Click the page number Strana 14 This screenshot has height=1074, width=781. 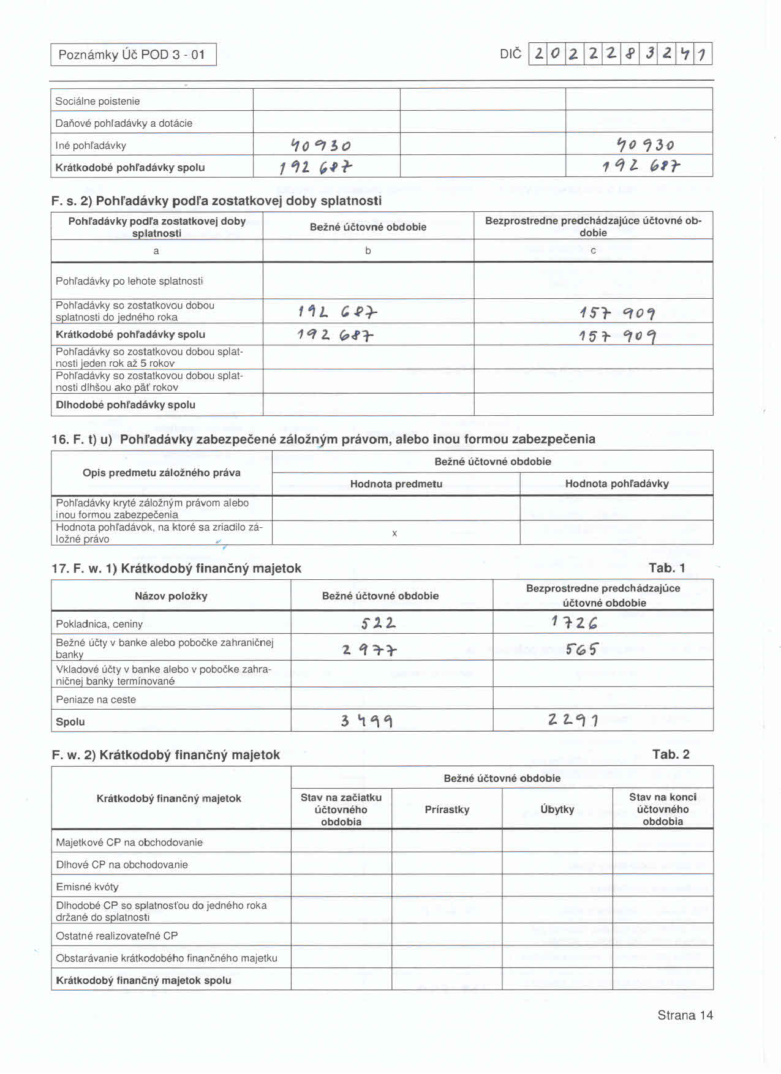(x=685, y=1015)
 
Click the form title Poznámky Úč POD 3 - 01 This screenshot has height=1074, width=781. (x=132, y=54)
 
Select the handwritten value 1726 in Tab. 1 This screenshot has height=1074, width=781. (x=574, y=623)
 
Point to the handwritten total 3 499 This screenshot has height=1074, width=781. (x=367, y=721)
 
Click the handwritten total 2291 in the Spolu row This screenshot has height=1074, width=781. (x=573, y=719)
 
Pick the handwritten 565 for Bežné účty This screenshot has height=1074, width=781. (x=581, y=648)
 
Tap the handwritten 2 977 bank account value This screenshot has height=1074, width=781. (x=369, y=650)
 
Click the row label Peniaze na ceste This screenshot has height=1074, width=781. (x=96, y=699)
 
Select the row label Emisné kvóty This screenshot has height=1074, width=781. (x=87, y=887)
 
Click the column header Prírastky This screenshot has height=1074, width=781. (x=447, y=809)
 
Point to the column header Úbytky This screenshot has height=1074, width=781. (x=557, y=809)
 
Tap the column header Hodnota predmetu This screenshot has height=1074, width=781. (x=396, y=484)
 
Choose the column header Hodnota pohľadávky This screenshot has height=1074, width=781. (x=617, y=484)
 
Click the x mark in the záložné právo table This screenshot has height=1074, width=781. (x=394, y=533)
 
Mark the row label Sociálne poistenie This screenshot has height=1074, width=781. (x=97, y=101)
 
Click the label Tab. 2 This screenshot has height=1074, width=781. (x=671, y=754)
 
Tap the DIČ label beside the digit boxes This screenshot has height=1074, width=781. (x=510, y=54)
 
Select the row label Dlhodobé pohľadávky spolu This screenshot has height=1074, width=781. (x=126, y=405)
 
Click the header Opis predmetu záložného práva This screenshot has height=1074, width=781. (x=162, y=473)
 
